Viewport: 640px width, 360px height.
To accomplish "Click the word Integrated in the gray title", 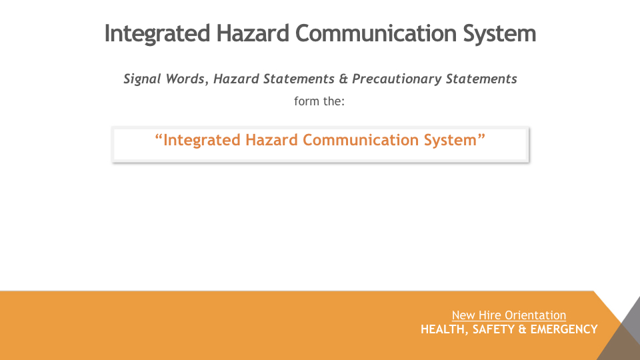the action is click(x=157, y=33).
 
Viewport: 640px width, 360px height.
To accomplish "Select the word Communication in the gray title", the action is click(x=375, y=33).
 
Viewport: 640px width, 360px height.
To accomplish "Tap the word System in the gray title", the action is click(x=499, y=34).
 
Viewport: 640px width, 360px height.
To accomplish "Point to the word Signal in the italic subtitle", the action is click(x=141, y=79).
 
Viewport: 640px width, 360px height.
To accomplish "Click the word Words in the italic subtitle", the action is click(x=187, y=79).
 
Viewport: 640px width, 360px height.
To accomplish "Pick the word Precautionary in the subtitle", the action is click(x=397, y=79).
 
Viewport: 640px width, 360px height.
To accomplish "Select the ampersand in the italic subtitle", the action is click(x=343, y=79).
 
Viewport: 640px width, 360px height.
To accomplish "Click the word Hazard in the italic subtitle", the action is click(x=236, y=79).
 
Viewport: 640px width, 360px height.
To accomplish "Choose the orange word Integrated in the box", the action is click(x=202, y=140).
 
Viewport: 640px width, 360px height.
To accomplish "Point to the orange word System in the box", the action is click(x=450, y=141).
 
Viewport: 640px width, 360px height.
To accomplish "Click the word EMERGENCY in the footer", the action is click(x=564, y=329).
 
